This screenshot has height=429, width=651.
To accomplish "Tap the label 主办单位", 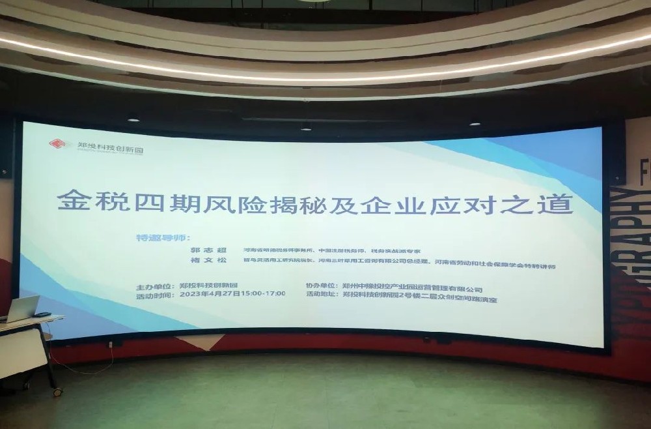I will pyautogui.click(x=154, y=286).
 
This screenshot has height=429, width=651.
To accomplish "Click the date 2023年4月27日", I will pyautogui.click(x=210, y=294).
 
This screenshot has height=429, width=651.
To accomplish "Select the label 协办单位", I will pyautogui.click(x=322, y=286).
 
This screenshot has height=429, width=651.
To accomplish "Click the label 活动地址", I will pyautogui.click(x=322, y=295).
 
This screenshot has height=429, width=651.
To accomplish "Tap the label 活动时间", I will pyautogui.click(x=154, y=294).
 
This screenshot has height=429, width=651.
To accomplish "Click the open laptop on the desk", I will pyautogui.click(x=21, y=308).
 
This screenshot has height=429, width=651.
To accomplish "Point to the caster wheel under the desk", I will pyautogui.click(x=57, y=392).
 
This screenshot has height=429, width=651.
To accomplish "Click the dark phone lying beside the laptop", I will pyautogui.click(x=43, y=315).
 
